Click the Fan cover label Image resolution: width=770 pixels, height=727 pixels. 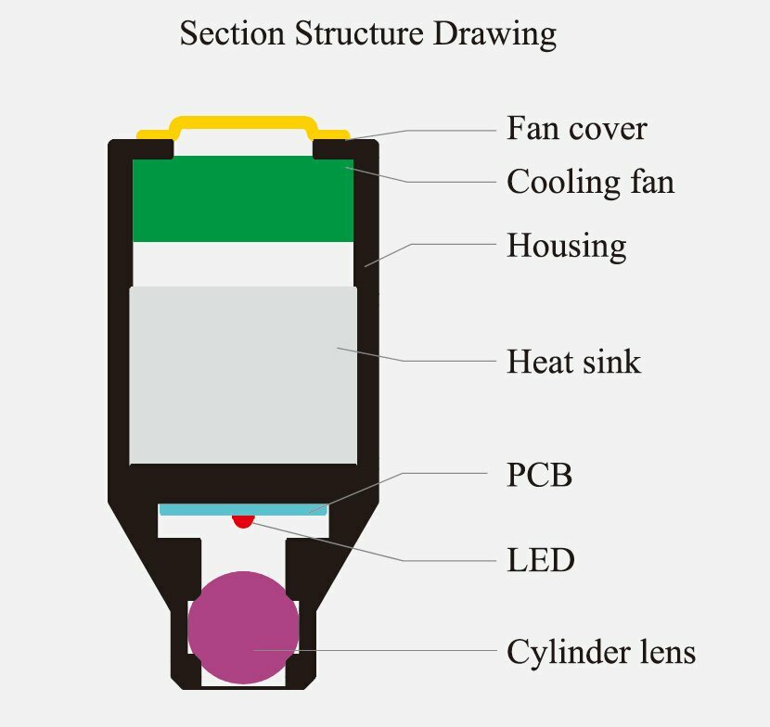pos(576,128)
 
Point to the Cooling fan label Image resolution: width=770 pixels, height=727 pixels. pos(590,182)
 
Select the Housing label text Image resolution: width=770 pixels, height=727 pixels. pos(566,246)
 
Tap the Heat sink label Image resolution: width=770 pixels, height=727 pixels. pos(573,361)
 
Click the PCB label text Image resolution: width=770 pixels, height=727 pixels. pos(539,476)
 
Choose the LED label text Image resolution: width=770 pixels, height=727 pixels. pos(541,560)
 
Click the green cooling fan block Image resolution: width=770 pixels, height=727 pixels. pos(243,199)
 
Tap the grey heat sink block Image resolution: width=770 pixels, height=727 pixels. pos(243,375)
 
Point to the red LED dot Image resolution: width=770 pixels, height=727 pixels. pos(243,520)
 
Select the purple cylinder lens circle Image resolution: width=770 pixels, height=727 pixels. pos(243,627)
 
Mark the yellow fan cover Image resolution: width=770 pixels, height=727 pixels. pos(243,121)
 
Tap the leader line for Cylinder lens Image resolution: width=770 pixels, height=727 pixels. pos(390,651)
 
